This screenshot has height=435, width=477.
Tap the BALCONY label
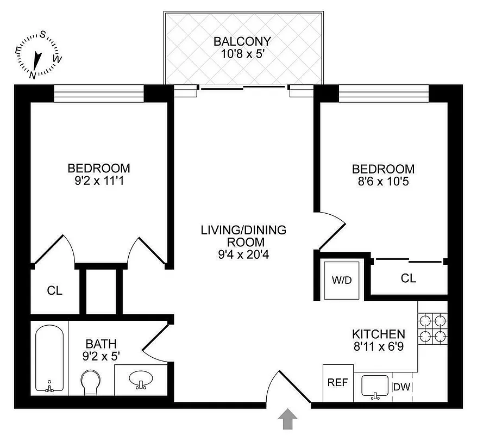point(242,41)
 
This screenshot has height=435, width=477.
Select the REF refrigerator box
point(337,382)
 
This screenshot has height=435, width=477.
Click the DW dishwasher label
point(403,387)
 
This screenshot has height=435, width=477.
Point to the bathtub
point(50,357)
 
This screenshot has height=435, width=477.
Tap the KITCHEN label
point(378,334)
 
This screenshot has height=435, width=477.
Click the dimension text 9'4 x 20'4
point(243,254)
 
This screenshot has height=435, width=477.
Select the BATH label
point(101,344)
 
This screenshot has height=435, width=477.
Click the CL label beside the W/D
point(409,278)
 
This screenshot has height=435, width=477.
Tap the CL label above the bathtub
point(54,291)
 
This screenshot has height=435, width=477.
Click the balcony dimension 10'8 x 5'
point(242,54)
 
